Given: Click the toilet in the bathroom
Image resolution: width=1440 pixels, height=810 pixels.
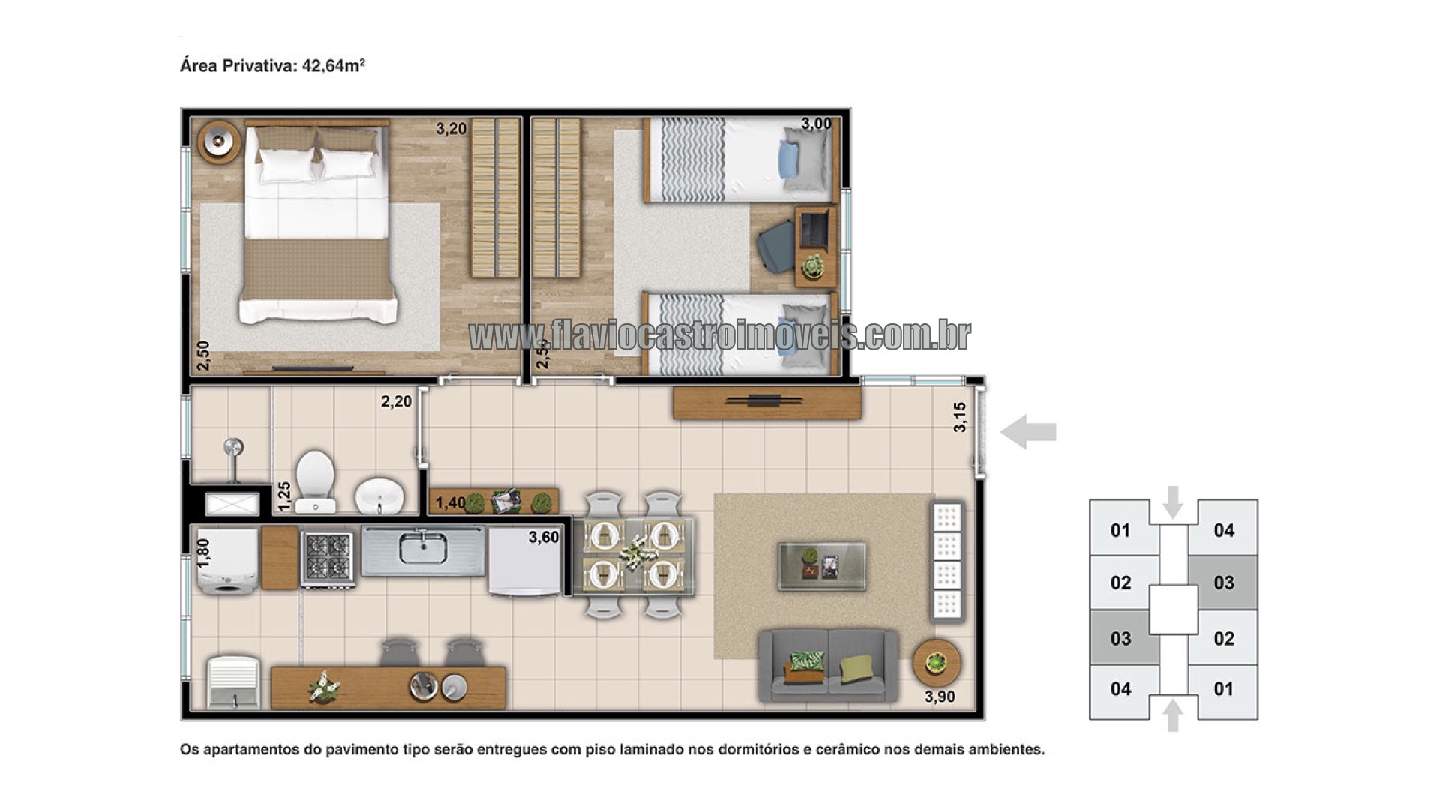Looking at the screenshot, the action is click(314, 481).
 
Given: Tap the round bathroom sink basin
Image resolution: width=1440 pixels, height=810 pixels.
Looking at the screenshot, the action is click(379, 496).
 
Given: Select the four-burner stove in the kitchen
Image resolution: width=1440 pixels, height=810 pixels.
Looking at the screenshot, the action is click(328, 559).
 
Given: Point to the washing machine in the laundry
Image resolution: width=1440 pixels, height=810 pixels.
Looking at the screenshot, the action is click(226, 562).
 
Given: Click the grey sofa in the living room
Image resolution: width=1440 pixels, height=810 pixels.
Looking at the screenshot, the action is click(828, 665).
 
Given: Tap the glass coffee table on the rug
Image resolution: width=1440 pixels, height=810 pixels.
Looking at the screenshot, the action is click(822, 566).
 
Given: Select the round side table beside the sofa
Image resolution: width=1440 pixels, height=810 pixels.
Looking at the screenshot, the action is click(936, 662).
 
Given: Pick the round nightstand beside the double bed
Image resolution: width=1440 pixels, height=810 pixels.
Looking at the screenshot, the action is click(219, 141).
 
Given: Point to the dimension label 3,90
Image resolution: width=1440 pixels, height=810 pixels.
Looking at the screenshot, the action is click(940, 697).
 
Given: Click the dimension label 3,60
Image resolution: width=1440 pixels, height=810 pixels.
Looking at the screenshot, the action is click(544, 537).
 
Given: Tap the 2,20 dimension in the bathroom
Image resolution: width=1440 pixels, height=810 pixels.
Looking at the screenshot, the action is click(396, 401).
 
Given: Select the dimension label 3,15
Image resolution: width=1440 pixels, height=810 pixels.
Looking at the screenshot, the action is click(960, 417).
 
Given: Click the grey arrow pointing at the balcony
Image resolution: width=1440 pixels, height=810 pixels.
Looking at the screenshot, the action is click(1028, 432).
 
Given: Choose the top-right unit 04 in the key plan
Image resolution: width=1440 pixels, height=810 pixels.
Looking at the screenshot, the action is click(1224, 530).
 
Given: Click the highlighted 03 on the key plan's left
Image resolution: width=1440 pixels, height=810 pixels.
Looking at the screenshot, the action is click(1120, 638).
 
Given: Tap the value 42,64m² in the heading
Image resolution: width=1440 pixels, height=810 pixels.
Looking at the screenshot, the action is click(333, 65).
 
